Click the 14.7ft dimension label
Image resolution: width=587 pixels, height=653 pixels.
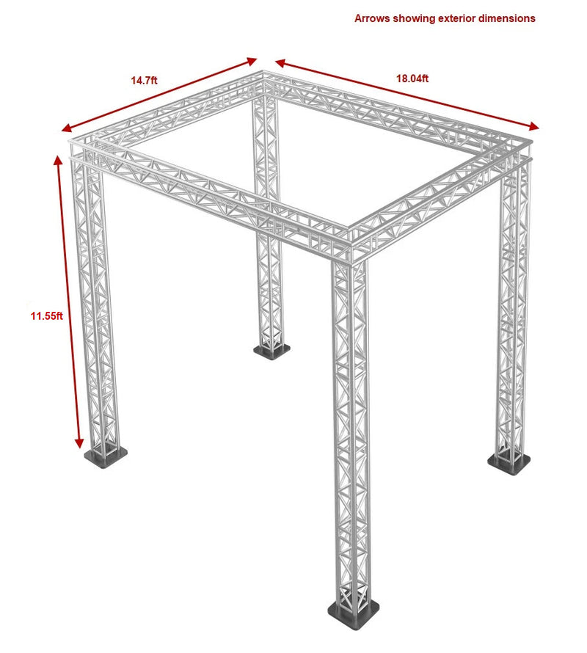click(144, 80)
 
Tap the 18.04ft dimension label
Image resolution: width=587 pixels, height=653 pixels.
click(412, 78)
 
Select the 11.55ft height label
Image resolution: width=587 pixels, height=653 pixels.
click(46, 316)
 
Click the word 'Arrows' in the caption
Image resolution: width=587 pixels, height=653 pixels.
click(372, 18)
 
